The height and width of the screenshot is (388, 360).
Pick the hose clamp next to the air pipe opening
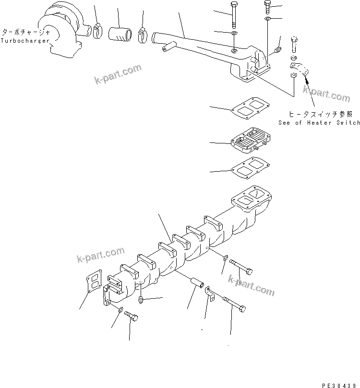143,34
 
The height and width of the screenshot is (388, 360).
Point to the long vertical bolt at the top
233,17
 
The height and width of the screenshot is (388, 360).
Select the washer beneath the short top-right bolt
267,19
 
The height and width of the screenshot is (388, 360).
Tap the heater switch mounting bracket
298,69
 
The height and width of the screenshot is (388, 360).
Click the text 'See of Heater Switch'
319,123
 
